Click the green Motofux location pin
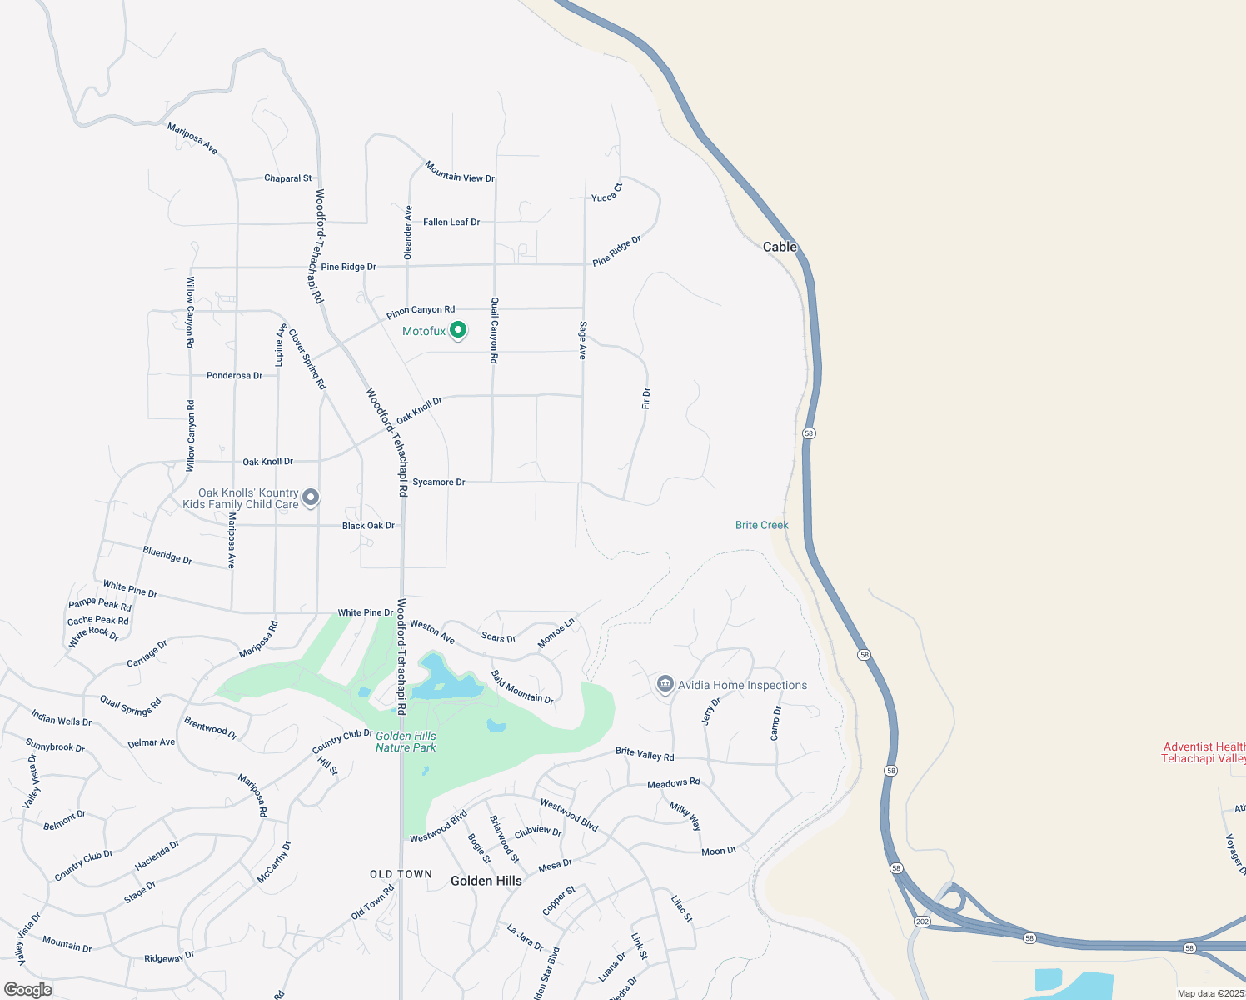coord(457,331)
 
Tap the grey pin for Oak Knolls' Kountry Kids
coord(311,497)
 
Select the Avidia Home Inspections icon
coord(665,685)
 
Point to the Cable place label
coord(780,247)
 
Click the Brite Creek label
coord(761,525)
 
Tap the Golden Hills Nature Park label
coord(406,742)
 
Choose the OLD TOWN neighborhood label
coord(401,874)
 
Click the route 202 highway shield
coord(921,922)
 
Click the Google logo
coord(27,990)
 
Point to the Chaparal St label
coord(287,178)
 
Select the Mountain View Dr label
coord(460,172)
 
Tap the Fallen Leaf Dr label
coord(451,222)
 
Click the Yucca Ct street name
coord(606,193)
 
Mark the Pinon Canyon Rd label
coord(421,312)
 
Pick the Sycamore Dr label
coord(439,482)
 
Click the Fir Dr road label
coord(646,398)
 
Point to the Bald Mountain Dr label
coord(522,687)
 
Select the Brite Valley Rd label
coord(645,754)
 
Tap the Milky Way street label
coord(685,816)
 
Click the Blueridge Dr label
coord(167,555)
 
